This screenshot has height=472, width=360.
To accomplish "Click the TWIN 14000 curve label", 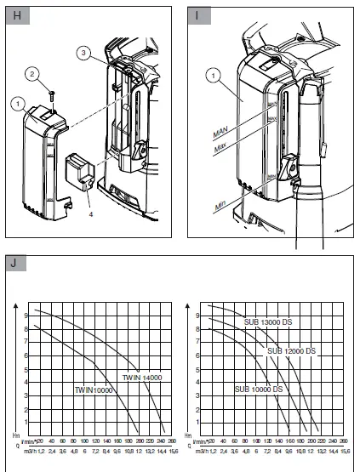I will pos(142,377).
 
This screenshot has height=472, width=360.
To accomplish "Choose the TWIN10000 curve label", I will pos(93,389).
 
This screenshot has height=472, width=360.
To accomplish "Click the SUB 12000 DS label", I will pos(292,350).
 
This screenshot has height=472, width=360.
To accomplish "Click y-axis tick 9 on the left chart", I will pos(26,315).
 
